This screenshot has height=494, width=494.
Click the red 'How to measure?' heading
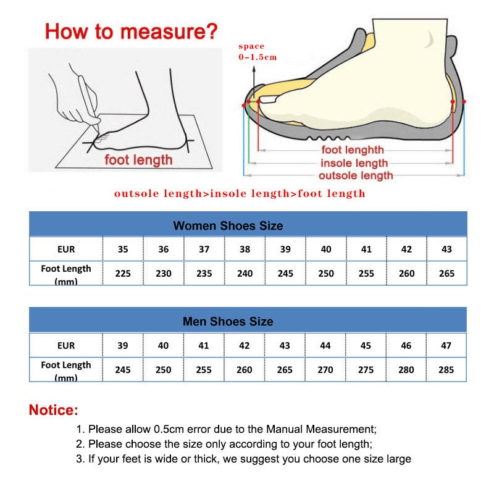131,30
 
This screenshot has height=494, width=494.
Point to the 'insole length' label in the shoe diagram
354,163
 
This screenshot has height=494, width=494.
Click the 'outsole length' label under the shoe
355,176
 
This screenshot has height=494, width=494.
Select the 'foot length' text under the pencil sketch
138,160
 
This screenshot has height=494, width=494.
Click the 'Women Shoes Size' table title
228,225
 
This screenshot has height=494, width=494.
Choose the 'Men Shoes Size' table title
228,321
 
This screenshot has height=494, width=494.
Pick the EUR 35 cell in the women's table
123,249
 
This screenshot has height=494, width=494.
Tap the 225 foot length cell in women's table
123,273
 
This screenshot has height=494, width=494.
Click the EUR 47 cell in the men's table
446,345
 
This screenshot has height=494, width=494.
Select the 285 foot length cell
446,369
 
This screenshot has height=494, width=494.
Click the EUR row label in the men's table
65,345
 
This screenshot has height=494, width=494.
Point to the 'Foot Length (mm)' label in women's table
65,274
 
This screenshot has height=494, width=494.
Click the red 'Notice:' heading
54,409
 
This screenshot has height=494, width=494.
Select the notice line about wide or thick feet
243,459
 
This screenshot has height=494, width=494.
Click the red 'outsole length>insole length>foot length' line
240,193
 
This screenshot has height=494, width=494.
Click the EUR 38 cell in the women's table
245,249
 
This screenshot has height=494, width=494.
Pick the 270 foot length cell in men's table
325,369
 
